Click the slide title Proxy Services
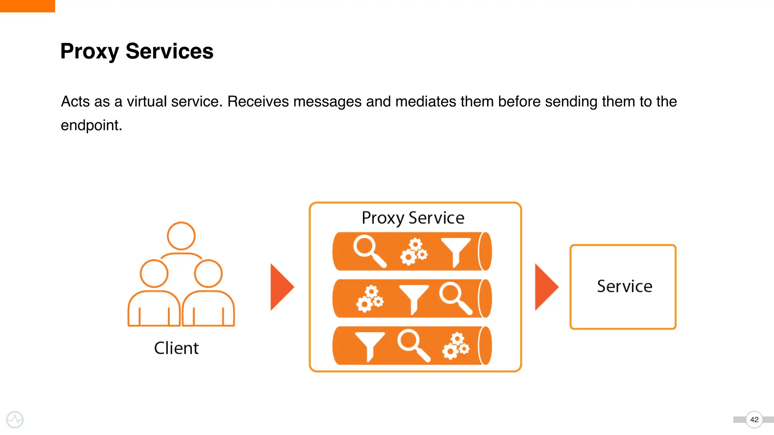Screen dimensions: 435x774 click(x=137, y=51)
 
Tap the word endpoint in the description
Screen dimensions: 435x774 click(x=91, y=125)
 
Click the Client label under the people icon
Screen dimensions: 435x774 click(x=176, y=348)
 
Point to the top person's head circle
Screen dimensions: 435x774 click(x=181, y=236)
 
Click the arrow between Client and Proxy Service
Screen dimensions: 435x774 click(x=281, y=287)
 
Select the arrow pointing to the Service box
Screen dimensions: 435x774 click(x=545, y=287)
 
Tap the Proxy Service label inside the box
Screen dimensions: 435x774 click(x=413, y=218)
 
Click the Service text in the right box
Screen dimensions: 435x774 click(x=624, y=286)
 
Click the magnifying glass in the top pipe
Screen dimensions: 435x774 click(x=368, y=250)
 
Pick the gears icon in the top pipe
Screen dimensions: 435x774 click(x=413, y=251)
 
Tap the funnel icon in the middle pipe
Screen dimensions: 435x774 click(x=414, y=298)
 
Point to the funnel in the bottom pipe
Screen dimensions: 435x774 click(x=370, y=345)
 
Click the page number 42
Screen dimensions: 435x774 click(x=754, y=420)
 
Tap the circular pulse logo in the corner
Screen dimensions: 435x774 click(x=15, y=420)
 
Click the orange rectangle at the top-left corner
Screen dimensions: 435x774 click(x=27, y=6)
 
